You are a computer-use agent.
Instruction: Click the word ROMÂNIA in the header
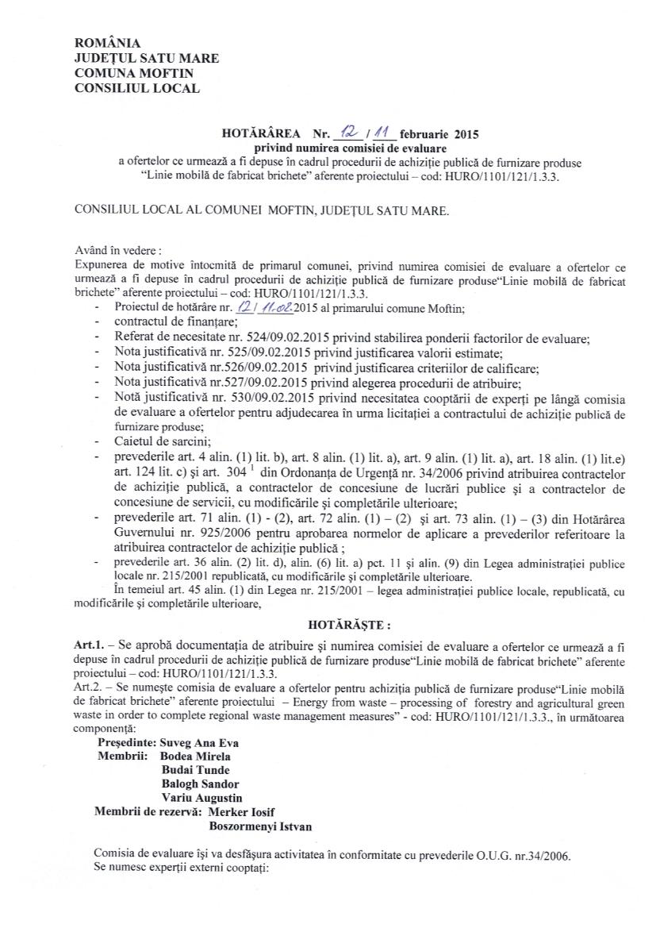(x=107, y=43)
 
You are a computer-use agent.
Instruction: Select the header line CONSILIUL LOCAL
(x=136, y=88)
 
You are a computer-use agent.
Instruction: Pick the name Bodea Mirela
(x=196, y=757)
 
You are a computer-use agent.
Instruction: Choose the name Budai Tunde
(x=196, y=770)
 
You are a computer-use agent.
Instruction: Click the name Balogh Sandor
(x=200, y=784)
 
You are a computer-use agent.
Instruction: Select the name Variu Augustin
(x=202, y=798)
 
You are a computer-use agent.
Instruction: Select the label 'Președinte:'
(x=125, y=743)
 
